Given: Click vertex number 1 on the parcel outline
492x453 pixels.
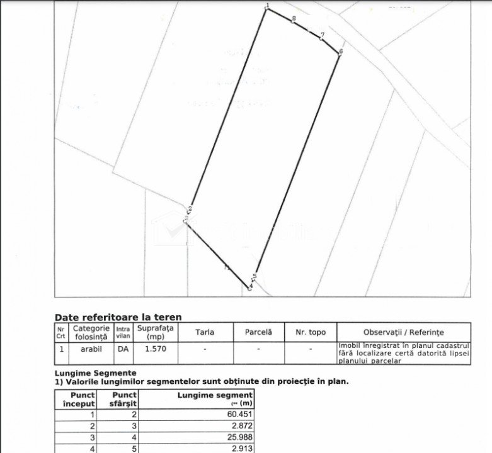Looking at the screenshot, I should [x=267, y=9].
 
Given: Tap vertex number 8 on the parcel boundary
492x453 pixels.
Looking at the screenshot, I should [x=294, y=21].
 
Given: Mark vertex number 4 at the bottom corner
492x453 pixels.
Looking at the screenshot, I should [x=250, y=288].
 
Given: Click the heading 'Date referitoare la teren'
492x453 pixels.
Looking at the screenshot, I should [x=118, y=317].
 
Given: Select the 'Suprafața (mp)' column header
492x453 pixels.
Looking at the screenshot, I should [x=157, y=332].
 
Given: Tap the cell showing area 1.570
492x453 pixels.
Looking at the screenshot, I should [x=157, y=348].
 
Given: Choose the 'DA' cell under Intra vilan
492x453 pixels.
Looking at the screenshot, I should [x=122, y=348].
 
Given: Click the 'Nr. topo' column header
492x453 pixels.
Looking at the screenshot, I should [x=310, y=332].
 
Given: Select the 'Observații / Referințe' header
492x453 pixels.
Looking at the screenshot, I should [x=403, y=332].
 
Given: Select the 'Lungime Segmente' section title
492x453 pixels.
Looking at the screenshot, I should [x=95, y=373].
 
